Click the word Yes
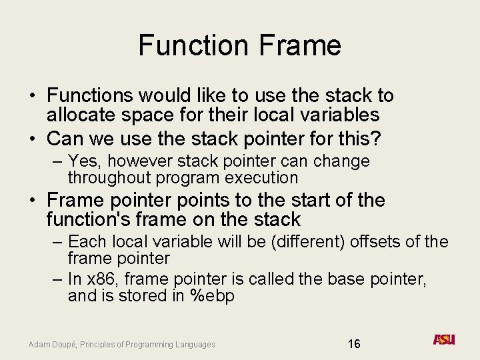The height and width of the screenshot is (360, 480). pyautogui.click(x=83, y=161)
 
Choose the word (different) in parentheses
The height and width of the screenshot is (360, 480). pyautogui.click(x=299, y=241)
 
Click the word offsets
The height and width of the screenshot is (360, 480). pyautogui.click(x=376, y=241)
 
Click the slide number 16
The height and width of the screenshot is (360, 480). pyautogui.click(x=354, y=344)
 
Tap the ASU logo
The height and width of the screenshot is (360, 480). pyautogui.click(x=444, y=340)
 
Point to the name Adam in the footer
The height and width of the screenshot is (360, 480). pyautogui.click(x=38, y=345)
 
